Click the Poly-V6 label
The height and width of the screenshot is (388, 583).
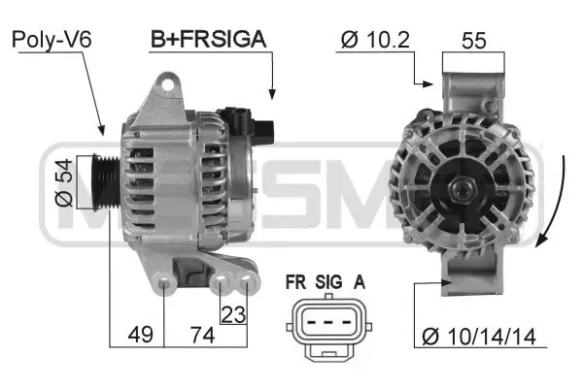[x=51, y=40]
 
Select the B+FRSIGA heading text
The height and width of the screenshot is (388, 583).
[x=208, y=40]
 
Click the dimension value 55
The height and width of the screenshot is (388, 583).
[x=474, y=40]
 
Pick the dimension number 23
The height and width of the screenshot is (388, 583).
[x=234, y=313]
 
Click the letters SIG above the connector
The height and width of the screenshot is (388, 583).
[x=328, y=282]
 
